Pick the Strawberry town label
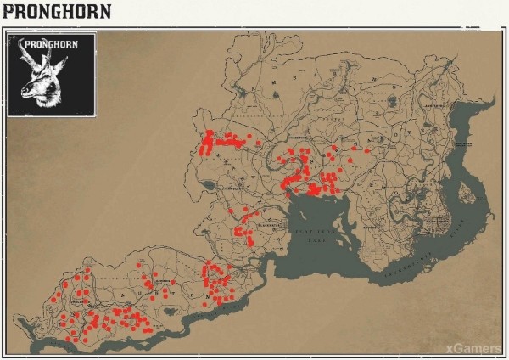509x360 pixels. pyautogui.click(x=227, y=177)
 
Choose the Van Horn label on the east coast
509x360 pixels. pyautogui.click(x=461, y=144)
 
